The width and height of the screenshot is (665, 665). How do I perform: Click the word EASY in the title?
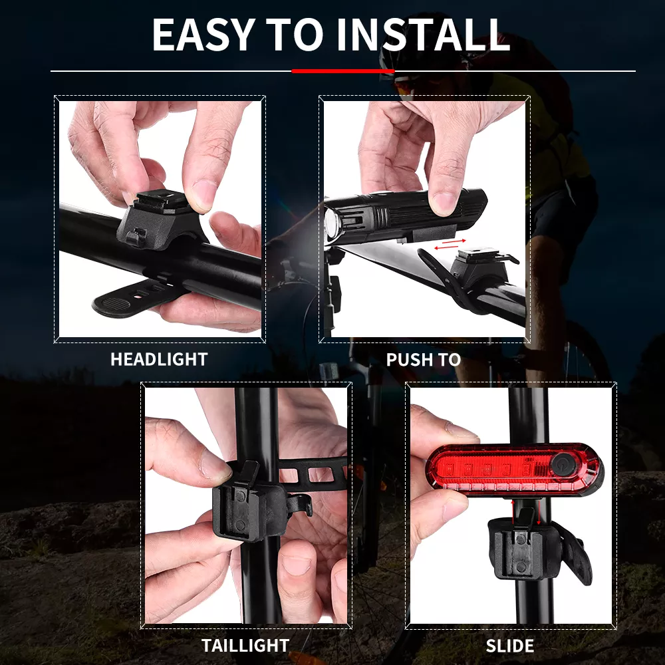coord(203,35)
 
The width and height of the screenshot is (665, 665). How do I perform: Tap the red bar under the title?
coord(343,71)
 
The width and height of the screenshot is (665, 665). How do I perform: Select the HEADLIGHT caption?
coord(159,359)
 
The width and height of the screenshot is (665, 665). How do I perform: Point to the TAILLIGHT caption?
coord(245,646)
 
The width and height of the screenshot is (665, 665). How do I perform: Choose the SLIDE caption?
coord(510,646)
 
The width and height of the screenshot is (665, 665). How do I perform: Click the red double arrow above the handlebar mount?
coord(450,244)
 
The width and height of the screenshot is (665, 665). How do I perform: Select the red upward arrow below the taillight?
coord(512,512)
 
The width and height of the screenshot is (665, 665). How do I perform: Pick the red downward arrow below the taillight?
coord(539,512)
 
